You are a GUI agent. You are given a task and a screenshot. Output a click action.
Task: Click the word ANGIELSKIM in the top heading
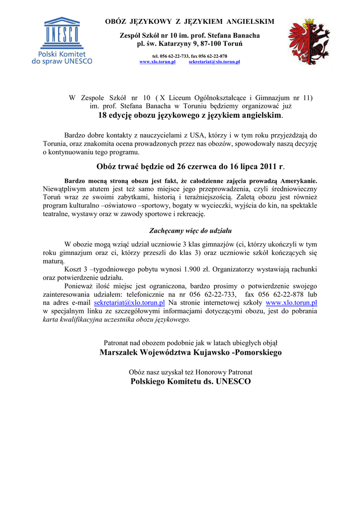(250, 21)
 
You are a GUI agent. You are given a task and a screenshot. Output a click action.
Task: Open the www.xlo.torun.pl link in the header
(157, 62)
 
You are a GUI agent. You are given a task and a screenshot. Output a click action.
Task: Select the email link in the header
(214, 62)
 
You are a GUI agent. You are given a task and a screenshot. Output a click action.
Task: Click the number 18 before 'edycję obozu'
(102, 115)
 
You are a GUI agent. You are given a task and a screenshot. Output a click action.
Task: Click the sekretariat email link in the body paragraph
(129, 302)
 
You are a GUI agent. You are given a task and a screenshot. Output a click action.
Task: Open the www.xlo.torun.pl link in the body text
(292, 302)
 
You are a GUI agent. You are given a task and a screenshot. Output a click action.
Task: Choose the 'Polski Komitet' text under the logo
(62, 54)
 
